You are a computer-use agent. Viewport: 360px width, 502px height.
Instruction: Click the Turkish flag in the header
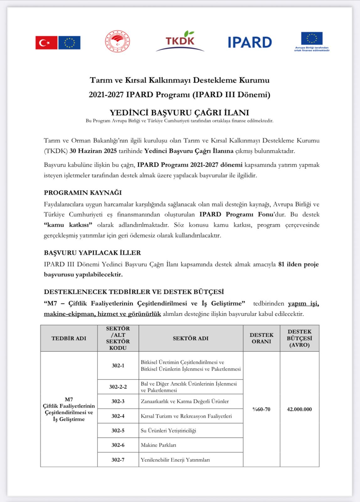(46, 43)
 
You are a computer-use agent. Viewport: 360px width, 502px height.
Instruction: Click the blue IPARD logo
(250, 42)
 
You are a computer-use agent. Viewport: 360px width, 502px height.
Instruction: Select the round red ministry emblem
(117, 41)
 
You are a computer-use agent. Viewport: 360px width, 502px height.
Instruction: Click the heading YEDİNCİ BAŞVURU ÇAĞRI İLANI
(179, 113)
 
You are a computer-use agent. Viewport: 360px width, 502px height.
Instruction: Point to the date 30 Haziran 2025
(93, 151)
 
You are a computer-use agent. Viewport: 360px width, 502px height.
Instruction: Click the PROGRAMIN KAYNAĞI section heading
(83, 193)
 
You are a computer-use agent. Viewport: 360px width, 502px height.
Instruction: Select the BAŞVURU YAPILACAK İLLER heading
(92, 253)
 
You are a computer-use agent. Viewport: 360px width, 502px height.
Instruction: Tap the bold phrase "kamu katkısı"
(68, 225)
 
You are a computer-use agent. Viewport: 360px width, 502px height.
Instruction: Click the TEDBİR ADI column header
(69, 338)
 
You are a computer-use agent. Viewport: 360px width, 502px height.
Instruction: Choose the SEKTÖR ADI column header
(191, 338)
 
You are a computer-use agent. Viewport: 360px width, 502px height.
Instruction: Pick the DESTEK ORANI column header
(262, 338)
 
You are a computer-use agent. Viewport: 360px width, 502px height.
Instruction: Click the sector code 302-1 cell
(118, 366)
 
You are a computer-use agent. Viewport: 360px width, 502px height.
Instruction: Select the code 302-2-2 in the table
(118, 387)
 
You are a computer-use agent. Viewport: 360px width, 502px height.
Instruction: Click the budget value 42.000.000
(299, 409)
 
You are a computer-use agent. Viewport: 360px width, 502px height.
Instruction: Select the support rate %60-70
(262, 409)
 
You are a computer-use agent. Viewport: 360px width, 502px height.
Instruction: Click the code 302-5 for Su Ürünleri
(118, 430)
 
